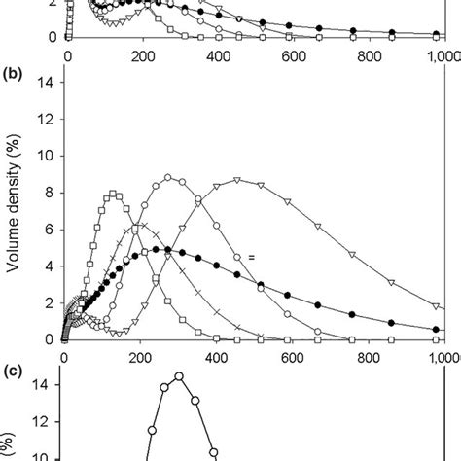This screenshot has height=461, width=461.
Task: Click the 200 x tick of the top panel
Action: tap(143, 54)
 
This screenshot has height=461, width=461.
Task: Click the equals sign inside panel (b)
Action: tap(250, 257)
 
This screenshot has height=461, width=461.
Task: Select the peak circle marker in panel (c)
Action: tap(179, 376)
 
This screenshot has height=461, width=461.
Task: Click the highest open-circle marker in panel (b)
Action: tap(169, 178)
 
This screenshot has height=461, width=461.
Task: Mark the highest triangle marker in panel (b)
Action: tap(235, 181)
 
